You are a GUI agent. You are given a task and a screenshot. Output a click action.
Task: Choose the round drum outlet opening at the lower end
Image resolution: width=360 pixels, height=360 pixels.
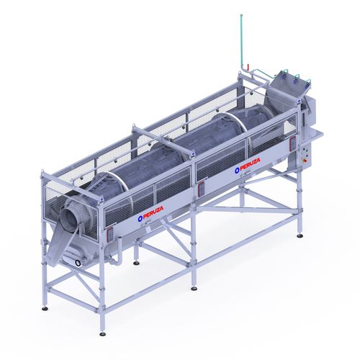[x=74, y=213]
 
